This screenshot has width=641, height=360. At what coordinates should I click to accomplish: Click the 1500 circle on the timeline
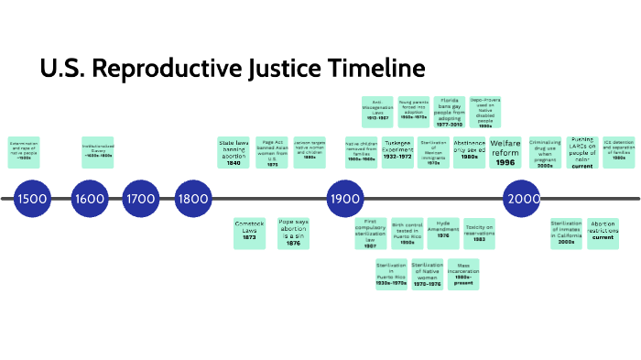[x=32, y=199]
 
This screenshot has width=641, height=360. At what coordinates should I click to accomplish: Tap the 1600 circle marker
[x=89, y=199]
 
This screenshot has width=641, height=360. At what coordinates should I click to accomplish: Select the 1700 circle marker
[x=141, y=199]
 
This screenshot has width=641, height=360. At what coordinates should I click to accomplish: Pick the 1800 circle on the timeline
[x=193, y=199]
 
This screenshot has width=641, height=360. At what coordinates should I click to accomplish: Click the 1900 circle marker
[x=345, y=199]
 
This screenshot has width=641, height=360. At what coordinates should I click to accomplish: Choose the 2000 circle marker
[x=523, y=199]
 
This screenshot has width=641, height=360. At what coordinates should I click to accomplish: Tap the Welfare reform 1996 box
[x=505, y=152]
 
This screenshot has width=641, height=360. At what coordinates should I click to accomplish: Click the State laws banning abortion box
[x=234, y=152]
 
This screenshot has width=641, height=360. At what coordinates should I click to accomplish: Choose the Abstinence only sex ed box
[x=470, y=152]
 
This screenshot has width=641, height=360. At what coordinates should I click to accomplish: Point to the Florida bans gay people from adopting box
[x=450, y=113]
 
